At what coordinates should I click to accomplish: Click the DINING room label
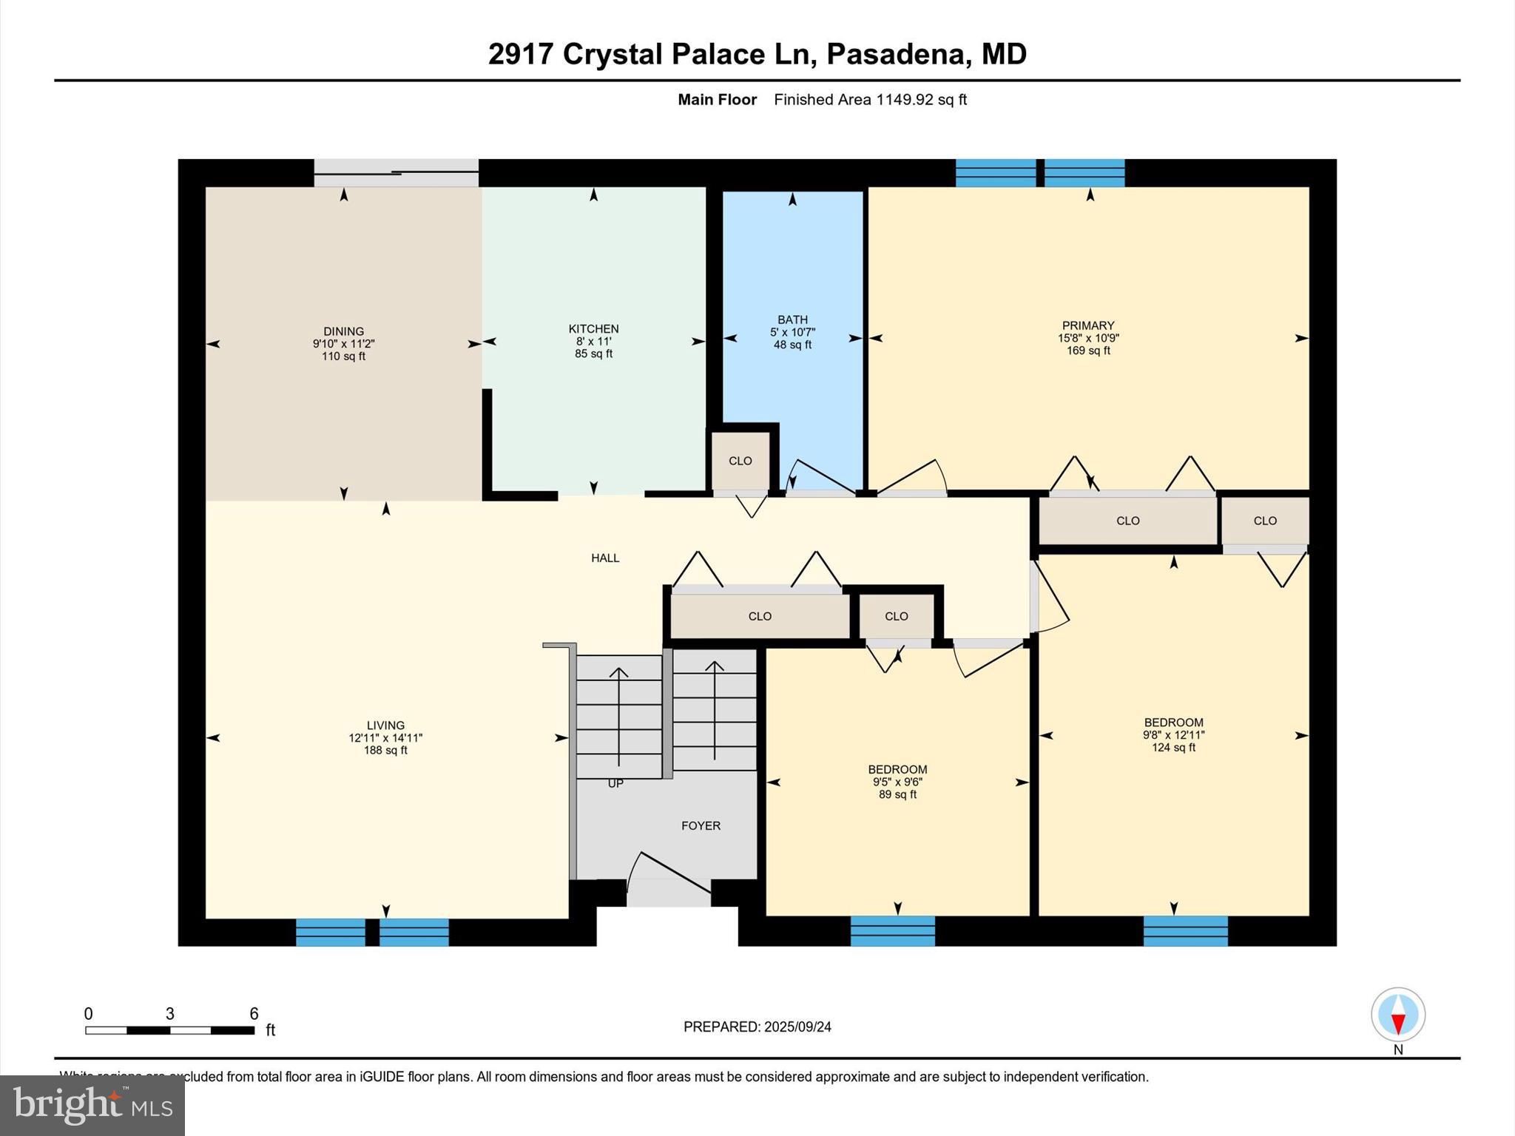[343, 331]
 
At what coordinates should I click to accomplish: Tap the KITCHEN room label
[593, 329]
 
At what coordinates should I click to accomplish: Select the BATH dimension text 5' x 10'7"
[792, 333]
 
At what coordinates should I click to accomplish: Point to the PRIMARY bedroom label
[1087, 325]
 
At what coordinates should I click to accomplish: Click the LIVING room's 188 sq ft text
[385, 750]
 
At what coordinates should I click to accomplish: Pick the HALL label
[605, 558]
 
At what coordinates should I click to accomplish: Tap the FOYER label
[701, 825]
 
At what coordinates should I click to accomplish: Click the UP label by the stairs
[615, 783]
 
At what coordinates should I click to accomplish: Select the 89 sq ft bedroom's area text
[897, 794]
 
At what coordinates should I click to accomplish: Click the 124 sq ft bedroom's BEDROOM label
[1173, 723]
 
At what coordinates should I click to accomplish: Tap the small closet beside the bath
[740, 461]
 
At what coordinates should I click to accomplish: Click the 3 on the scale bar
[169, 1014]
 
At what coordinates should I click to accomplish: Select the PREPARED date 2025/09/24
[797, 1027]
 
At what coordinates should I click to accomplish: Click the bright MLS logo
[92, 1105]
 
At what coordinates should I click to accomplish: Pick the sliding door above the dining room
[397, 173]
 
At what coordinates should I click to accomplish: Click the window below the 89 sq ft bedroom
[892, 931]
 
